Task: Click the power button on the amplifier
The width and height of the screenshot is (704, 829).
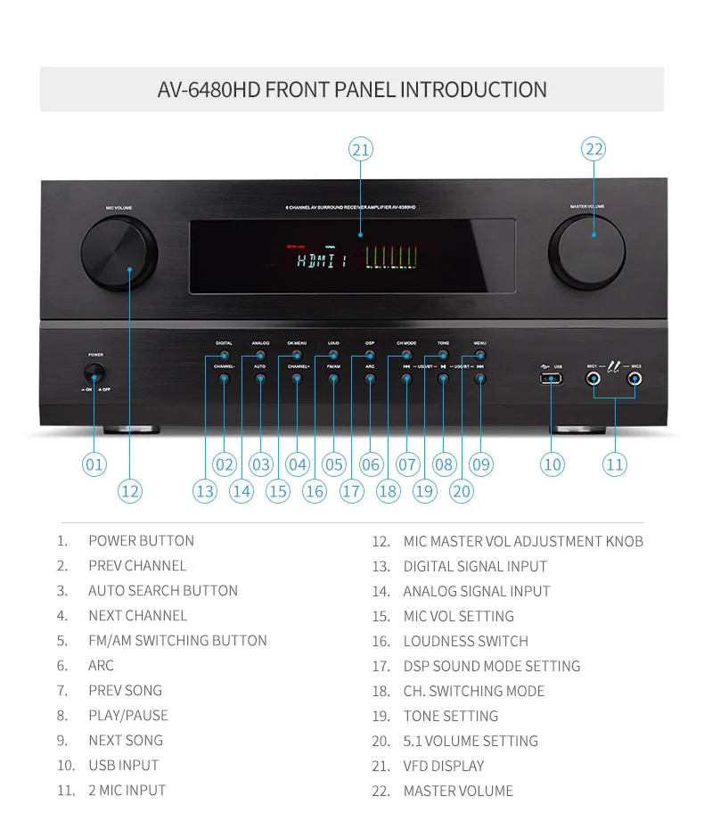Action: coord(94,373)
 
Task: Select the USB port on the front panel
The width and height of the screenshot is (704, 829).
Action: coord(552,378)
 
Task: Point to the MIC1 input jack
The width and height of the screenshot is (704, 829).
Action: coord(593,378)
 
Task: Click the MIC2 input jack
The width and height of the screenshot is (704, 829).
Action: coord(634,378)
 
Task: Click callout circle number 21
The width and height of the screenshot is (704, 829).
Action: coord(360,150)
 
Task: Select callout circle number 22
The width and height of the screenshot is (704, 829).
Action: coord(593,150)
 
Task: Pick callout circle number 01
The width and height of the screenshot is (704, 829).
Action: coord(94,464)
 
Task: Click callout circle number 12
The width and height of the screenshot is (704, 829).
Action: coord(130,490)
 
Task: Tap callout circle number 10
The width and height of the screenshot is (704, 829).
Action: coord(553,464)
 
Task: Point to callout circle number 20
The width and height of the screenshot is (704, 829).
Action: coord(462,490)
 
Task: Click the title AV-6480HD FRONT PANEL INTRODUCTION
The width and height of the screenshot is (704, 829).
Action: coord(352,90)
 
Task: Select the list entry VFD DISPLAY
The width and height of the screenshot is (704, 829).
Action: coord(443,766)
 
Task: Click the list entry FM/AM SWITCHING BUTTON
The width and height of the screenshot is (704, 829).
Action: coord(177,640)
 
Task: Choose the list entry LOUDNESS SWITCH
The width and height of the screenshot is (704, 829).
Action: coord(465,641)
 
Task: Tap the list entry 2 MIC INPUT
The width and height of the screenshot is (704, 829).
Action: coord(127,790)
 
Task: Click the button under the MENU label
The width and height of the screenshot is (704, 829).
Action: coord(480,356)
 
